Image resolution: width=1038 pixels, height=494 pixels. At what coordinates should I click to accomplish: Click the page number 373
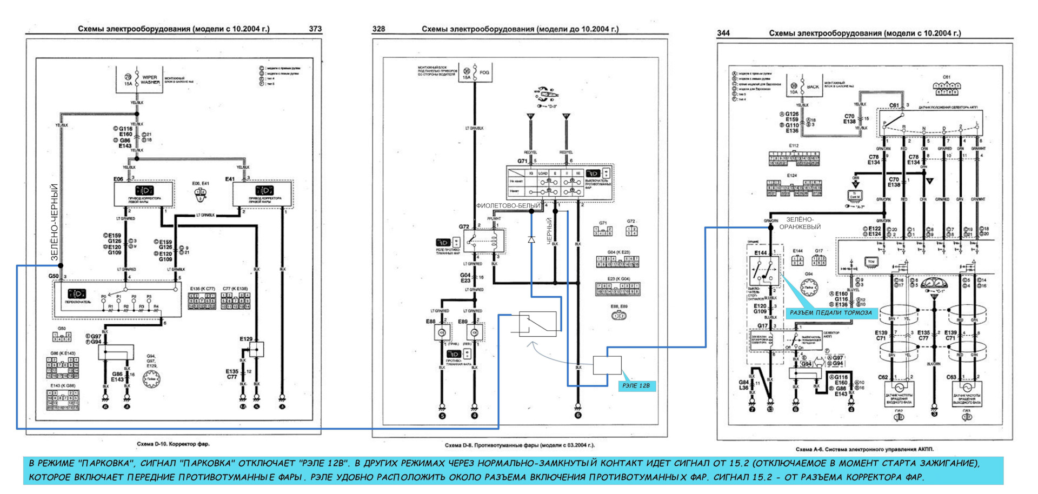pyautogui.click(x=315, y=29)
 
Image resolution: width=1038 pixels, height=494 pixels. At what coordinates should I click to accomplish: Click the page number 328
pyautogui.click(x=378, y=29)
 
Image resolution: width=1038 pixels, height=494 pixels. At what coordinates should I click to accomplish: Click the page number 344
pyautogui.click(x=723, y=33)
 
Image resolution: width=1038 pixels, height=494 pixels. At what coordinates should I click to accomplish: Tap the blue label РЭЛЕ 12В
pyautogui.click(x=636, y=386)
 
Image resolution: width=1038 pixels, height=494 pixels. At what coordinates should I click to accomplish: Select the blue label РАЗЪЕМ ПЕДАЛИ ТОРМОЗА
pyautogui.click(x=830, y=313)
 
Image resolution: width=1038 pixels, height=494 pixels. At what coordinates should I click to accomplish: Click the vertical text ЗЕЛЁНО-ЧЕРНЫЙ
pyautogui.click(x=55, y=223)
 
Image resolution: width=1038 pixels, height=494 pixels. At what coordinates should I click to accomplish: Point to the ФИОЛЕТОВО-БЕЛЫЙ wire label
pyautogui.click(x=508, y=206)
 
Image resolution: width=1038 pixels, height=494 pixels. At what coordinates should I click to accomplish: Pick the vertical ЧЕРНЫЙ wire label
pyautogui.click(x=549, y=231)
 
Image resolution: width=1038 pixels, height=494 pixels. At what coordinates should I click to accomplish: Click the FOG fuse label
pyautogui.click(x=484, y=72)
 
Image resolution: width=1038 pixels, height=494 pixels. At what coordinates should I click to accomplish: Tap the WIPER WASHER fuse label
pyautogui.click(x=150, y=80)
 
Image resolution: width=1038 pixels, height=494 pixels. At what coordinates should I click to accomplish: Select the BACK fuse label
pyautogui.click(x=813, y=87)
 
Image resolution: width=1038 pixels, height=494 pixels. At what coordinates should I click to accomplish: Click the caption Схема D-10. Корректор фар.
pyautogui.click(x=173, y=444)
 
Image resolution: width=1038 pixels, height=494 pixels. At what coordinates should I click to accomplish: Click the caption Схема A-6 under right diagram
pyautogui.click(x=864, y=449)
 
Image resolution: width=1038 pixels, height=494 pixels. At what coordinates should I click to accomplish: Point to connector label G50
pyautogui.click(x=54, y=276)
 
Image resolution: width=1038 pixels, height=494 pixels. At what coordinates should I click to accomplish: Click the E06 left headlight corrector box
pyautogui.click(x=144, y=193)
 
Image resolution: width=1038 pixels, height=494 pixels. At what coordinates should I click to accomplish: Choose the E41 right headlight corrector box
pyautogui.click(x=263, y=193)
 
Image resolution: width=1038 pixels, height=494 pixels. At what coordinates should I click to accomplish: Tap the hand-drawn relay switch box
pyautogui.click(x=537, y=324)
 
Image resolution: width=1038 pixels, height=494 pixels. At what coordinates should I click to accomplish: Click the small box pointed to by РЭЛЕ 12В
pyautogui.click(x=607, y=365)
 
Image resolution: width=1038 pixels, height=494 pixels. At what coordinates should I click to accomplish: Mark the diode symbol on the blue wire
pyautogui.click(x=531, y=239)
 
